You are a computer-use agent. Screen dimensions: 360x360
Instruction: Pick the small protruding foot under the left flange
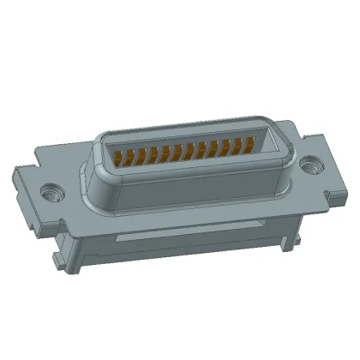click(x=58, y=256)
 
